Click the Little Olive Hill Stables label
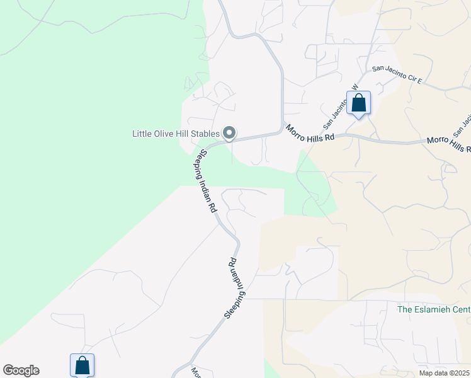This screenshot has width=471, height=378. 176,134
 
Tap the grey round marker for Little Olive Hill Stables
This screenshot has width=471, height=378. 230,133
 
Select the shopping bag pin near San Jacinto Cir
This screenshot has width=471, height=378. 358,103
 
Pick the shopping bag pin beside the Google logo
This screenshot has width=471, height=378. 82,365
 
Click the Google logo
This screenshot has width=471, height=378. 21,370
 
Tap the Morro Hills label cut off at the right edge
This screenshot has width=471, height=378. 449,144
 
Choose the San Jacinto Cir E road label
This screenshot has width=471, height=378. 400,75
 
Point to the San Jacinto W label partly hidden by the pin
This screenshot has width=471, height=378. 339,105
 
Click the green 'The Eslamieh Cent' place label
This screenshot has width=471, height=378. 434,309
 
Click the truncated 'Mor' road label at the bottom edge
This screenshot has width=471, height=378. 194,372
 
